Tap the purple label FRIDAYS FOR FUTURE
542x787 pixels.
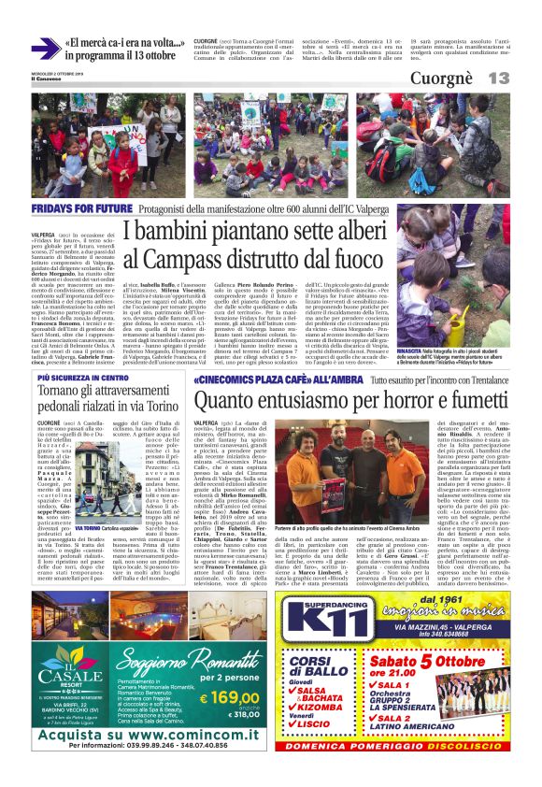click(78, 207)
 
